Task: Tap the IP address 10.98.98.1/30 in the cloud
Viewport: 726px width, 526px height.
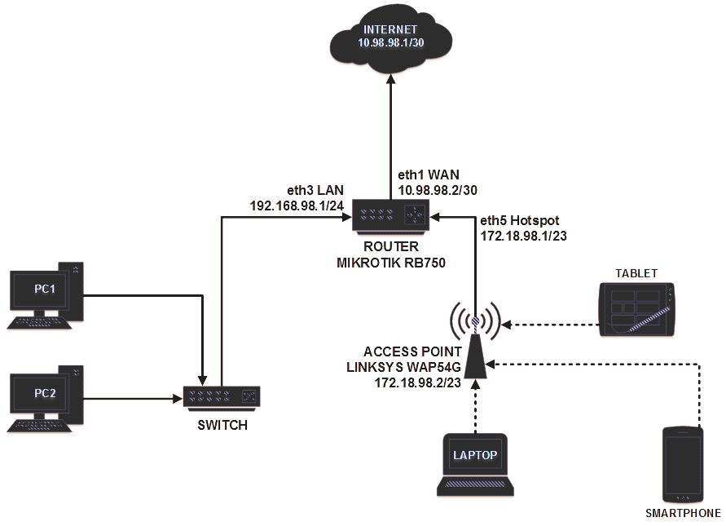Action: click(390, 42)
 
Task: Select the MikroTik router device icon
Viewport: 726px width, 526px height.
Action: click(390, 216)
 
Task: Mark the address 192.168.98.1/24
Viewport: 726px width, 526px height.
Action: click(297, 206)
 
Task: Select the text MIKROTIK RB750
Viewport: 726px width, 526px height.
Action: click(390, 262)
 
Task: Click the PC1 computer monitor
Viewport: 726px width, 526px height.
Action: click(45, 291)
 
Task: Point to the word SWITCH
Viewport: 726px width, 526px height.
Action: click(223, 425)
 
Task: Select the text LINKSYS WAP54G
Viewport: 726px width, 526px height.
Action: click(397, 366)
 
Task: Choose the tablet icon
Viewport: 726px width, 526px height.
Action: click(637, 309)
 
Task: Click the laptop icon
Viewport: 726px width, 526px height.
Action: click(476, 463)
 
